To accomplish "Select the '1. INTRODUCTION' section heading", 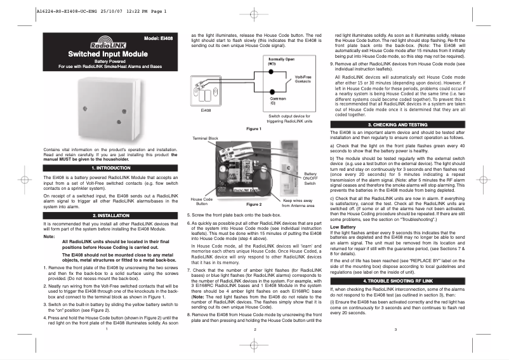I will pos(107,168).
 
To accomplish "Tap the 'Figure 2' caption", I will pos(253,223).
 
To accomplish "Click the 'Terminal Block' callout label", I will pos(204,138).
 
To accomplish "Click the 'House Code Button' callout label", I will pos(202,220).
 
